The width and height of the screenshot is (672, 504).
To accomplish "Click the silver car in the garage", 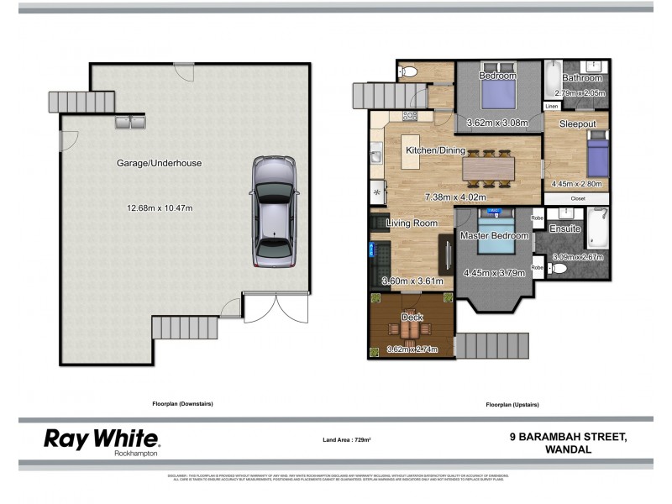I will click(x=273, y=213).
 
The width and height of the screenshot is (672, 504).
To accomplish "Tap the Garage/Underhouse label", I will click(x=160, y=164).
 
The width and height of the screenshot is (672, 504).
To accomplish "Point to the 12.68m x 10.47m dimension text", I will click(x=160, y=207).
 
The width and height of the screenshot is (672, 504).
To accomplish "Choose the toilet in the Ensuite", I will click(x=559, y=269).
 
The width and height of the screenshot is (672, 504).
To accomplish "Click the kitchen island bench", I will click(x=411, y=150).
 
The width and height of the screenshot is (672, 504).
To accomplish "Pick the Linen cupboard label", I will click(x=552, y=107).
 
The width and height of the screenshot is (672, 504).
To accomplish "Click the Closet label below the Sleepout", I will click(x=578, y=198).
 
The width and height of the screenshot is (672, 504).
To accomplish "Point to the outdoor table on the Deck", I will click(x=411, y=330).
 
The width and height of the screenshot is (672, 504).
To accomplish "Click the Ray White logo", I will click(x=101, y=439).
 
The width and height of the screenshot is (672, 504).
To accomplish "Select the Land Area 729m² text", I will click(x=347, y=439).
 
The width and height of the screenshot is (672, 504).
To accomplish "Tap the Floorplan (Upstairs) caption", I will click(x=512, y=404).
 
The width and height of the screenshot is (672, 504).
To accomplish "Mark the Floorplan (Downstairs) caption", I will click(x=182, y=404).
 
